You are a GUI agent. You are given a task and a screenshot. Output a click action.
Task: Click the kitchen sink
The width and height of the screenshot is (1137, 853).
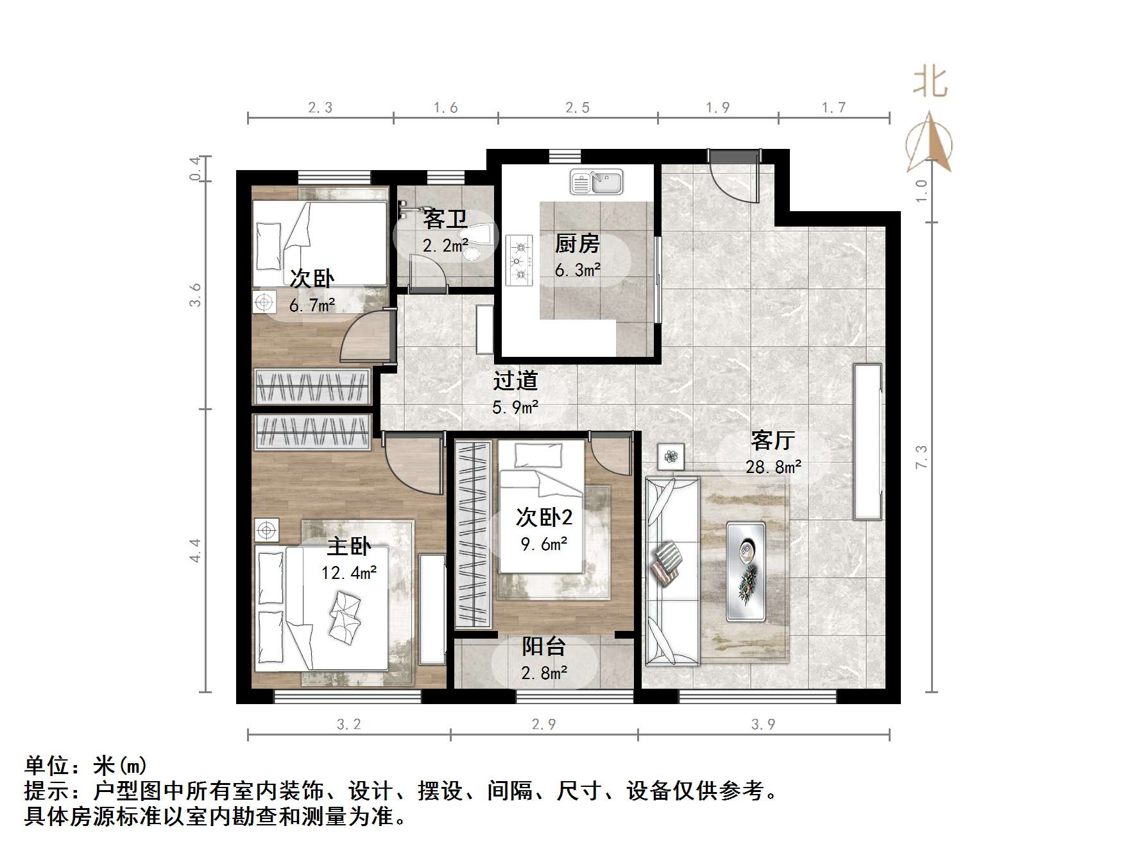click(596, 182)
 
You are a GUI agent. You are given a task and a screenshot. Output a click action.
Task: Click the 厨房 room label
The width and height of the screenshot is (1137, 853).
click(577, 244)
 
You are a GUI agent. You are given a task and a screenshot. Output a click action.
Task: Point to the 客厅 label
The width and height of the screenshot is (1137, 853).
click(773, 440)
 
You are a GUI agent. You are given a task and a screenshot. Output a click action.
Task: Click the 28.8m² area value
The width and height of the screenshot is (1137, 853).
click(773, 467)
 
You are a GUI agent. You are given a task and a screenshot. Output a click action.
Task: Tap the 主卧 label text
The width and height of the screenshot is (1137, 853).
click(349, 546)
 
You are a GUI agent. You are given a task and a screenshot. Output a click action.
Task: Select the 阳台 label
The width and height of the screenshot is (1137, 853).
click(543, 646)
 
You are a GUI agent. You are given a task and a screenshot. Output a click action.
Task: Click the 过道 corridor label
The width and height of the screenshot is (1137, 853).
click(515, 381)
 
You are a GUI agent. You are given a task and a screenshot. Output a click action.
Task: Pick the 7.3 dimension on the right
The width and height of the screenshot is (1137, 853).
click(921, 457)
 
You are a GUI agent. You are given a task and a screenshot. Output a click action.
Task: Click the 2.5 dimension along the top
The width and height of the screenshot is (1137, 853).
click(577, 108)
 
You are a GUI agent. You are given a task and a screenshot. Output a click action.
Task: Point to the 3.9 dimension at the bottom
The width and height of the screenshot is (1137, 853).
click(764, 725)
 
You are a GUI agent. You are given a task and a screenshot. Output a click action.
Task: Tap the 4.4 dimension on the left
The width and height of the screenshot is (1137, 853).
click(196, 551)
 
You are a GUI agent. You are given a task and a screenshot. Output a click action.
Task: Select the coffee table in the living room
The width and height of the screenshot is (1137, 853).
click(746, 571)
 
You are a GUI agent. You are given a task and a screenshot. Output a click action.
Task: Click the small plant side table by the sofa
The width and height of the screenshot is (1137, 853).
click(671, 457)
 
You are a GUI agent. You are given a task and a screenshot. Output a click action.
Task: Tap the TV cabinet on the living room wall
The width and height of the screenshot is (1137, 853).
click(867, 442)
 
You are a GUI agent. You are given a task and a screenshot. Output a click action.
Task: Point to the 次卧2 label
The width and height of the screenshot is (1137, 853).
click(544, 517)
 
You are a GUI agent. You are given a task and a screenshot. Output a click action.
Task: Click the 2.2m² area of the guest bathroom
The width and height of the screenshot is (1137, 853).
click(445, 245)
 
